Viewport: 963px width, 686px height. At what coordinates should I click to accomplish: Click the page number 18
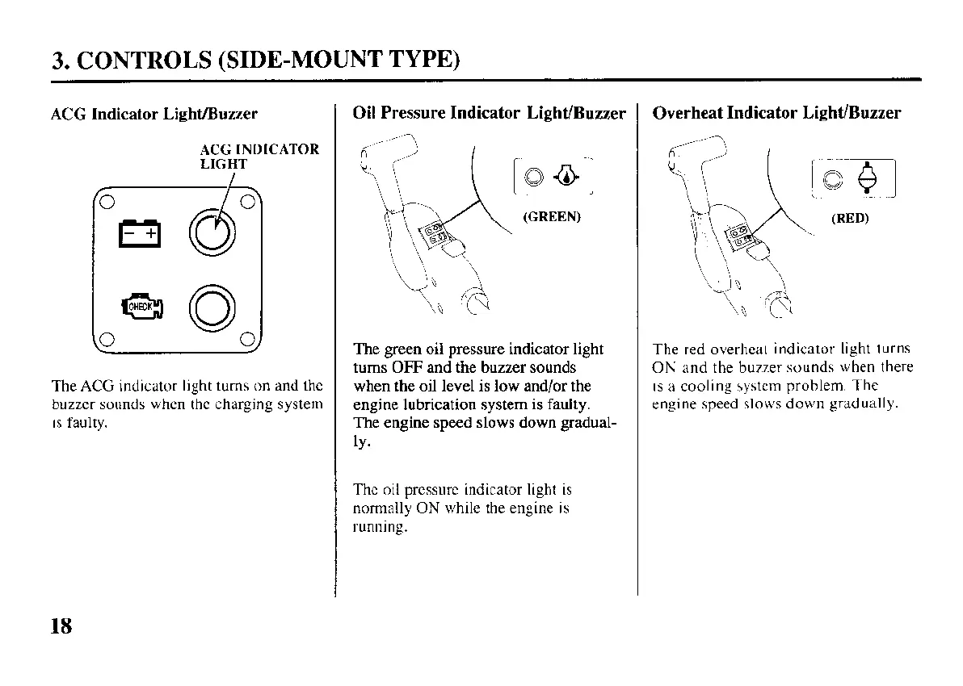coord(61,625)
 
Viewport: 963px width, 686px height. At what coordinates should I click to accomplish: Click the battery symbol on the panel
coord(142,234)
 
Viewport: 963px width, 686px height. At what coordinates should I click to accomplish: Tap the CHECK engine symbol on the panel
coord(143,307)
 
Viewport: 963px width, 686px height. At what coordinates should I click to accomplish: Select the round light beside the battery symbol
coord(213,233)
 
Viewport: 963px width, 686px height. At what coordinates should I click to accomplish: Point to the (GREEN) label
coord(552,217)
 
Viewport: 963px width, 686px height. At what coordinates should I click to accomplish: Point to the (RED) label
coord(849,218)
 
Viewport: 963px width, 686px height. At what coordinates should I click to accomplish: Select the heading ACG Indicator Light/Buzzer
coord(154,114)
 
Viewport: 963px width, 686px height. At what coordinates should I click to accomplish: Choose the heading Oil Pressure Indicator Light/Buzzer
coord(490,113)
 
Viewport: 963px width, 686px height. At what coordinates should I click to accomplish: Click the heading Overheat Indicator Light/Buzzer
coord(776,113)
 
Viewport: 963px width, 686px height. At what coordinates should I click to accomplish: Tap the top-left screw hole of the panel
coord(106,200)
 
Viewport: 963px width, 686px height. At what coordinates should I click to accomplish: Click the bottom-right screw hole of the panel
coord(249,339)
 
